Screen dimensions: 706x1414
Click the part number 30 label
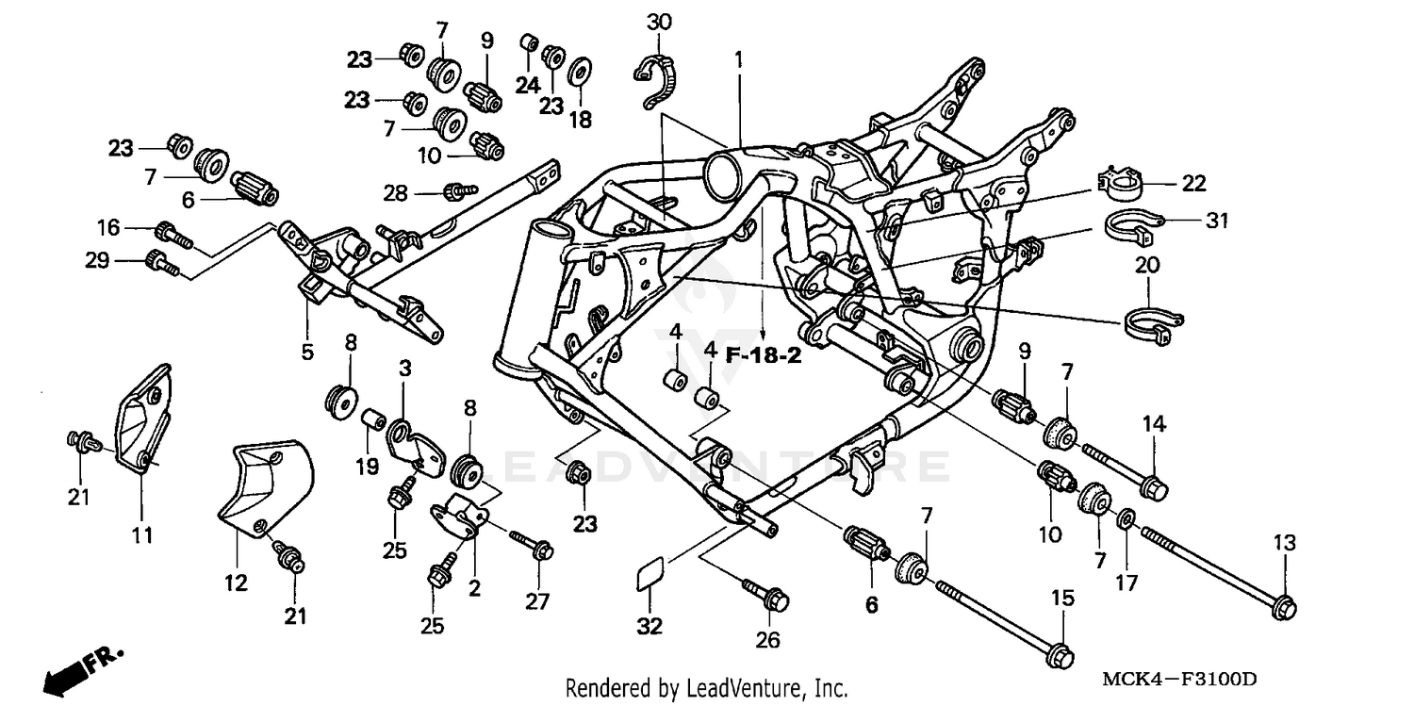point(659,22)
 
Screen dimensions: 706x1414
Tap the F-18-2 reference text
point(763,357)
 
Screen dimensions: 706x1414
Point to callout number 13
point(1284,543)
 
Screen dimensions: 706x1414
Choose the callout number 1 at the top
point(740,59)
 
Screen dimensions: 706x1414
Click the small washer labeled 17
point(1126,519)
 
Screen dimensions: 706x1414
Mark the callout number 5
point(307,353)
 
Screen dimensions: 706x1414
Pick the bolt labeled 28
point(458,191)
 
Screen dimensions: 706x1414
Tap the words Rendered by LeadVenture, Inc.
point(706,688)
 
